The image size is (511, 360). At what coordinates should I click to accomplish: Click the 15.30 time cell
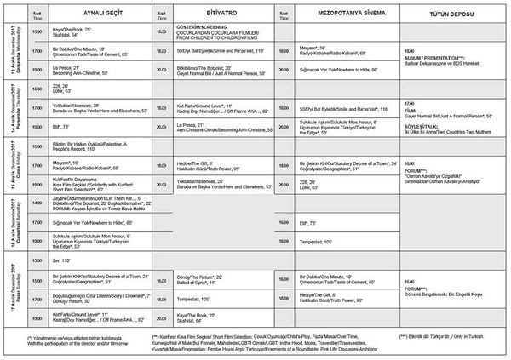point(161,30)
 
